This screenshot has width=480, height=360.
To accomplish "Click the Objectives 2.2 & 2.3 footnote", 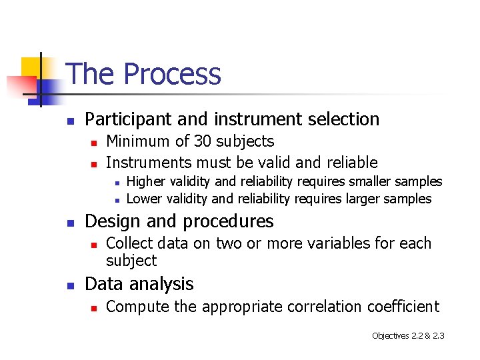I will (407, 335).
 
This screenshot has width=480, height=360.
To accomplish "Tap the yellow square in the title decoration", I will (32, 67).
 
